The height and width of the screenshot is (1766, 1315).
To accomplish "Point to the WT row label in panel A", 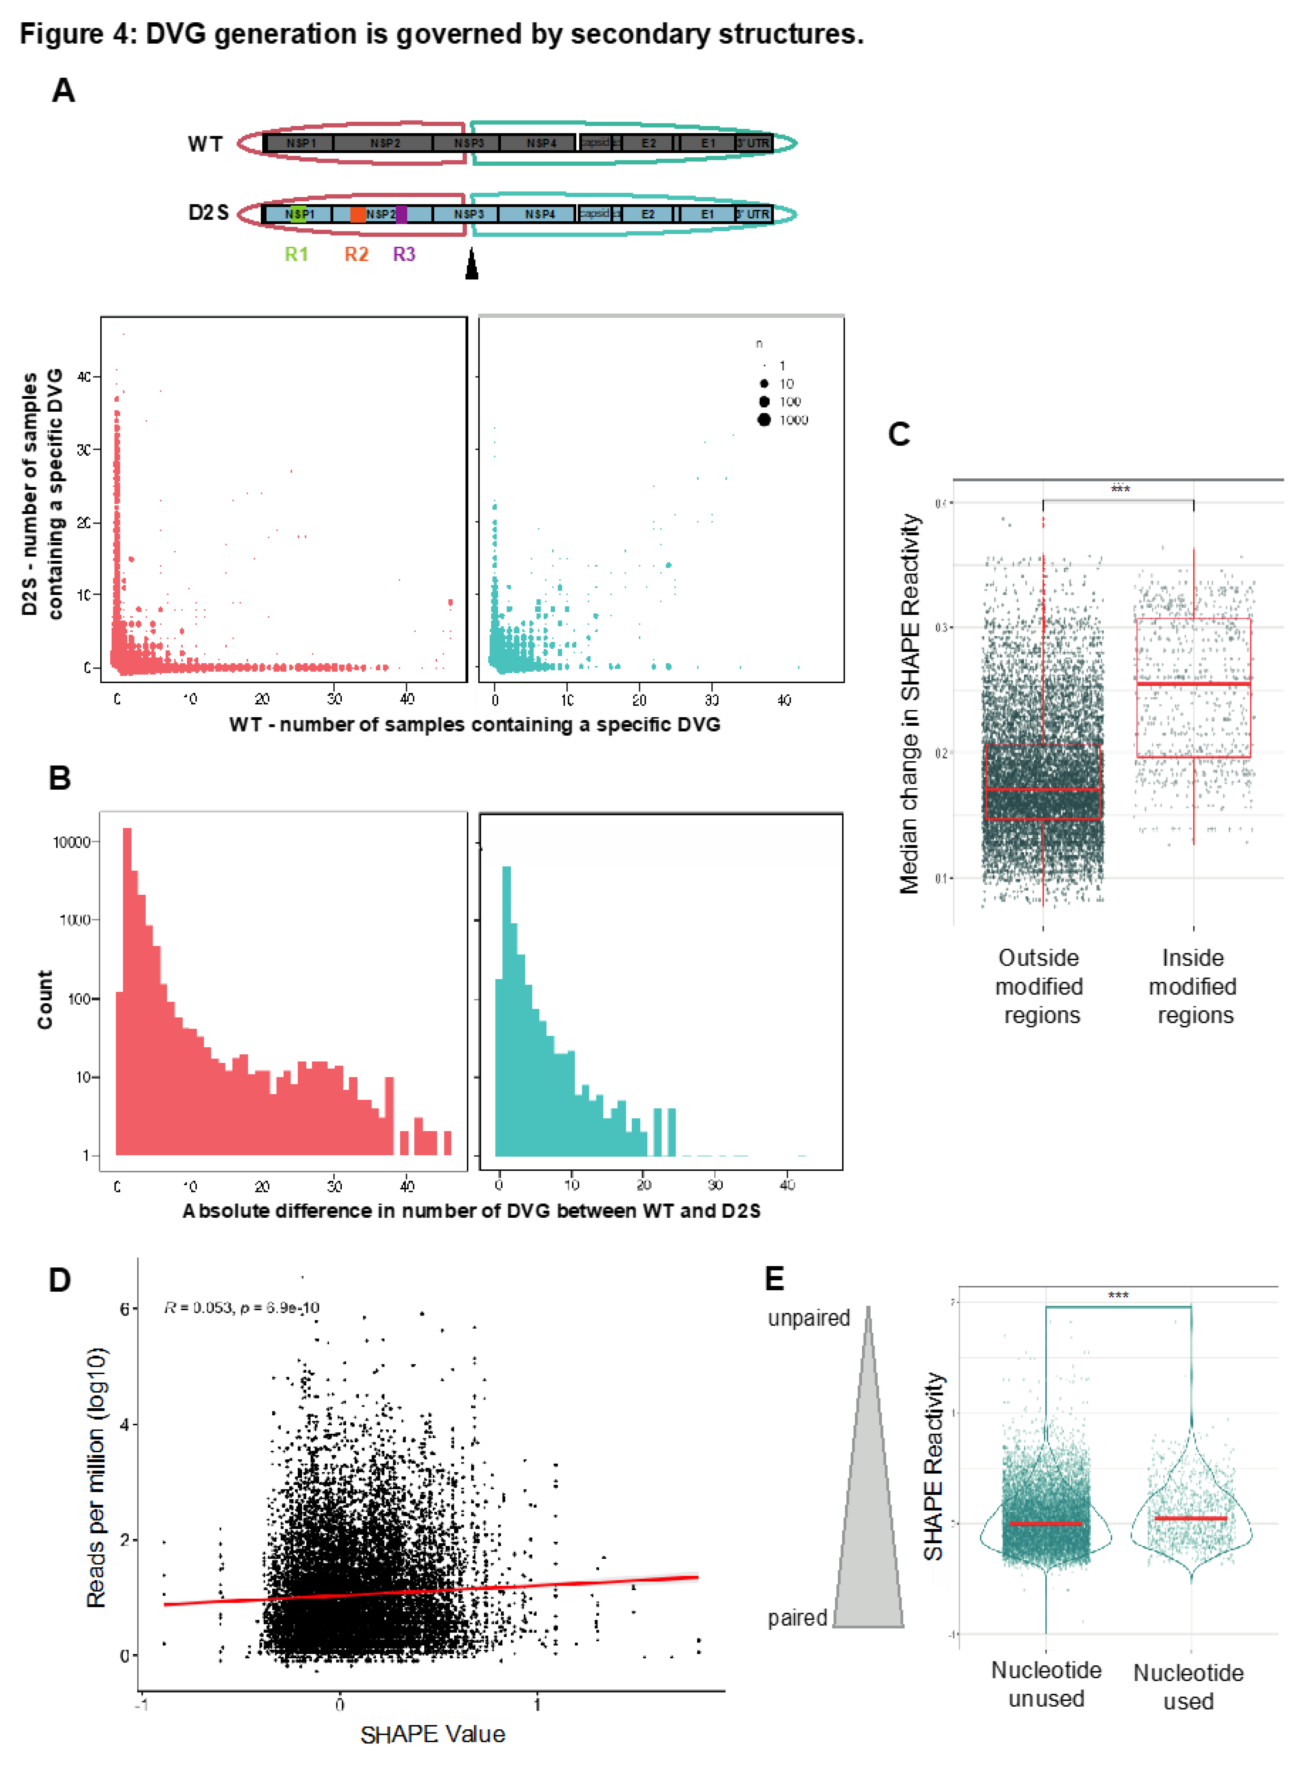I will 204,144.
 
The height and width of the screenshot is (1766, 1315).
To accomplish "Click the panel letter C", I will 899,435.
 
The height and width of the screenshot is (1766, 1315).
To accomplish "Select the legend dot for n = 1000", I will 764,419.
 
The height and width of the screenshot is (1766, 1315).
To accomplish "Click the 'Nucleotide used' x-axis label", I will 1188,1686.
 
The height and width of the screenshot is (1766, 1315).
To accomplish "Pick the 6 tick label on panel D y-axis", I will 124,1309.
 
